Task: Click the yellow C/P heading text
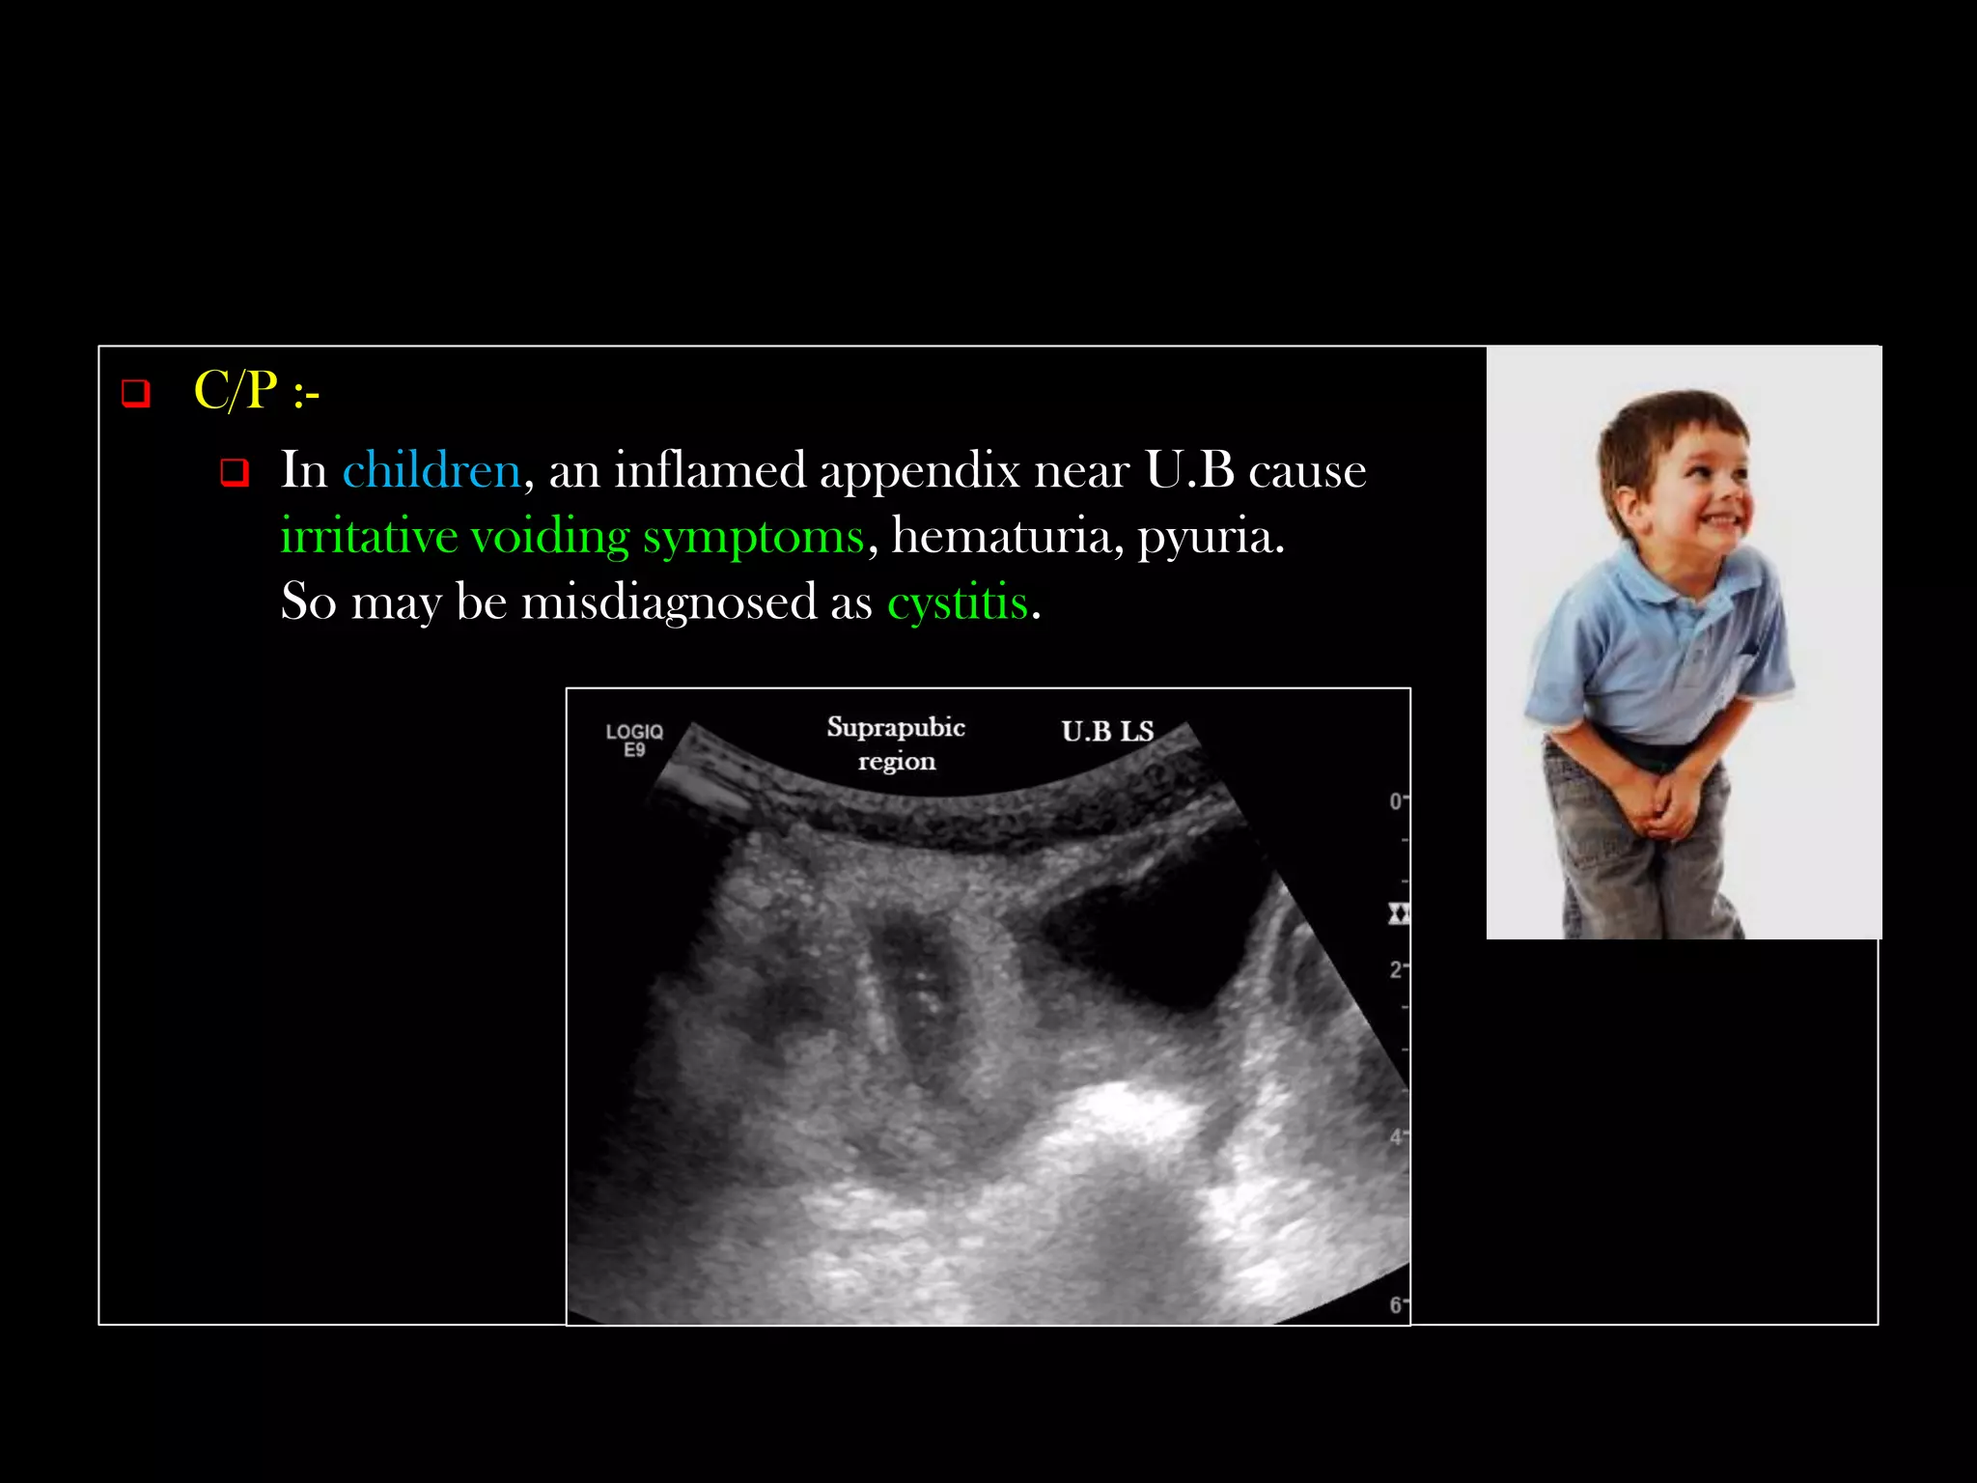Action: point(256,392)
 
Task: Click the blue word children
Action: point(432,471)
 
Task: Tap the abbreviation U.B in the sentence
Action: point(1189,471)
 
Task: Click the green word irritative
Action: point(369,537)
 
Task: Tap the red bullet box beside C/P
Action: point(135,393)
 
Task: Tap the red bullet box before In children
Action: point(235,472)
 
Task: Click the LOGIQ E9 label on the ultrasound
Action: point(634,740)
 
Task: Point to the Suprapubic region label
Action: point(896,743)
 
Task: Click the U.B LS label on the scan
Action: point(1107,732)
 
